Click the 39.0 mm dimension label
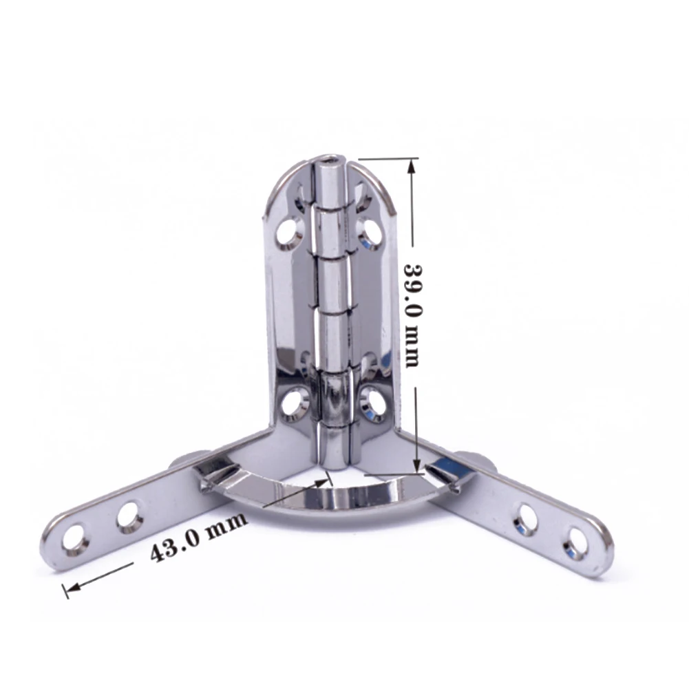tap(412, 315)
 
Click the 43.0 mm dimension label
tap(198, 537)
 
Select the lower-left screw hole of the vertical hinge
tap(293, 401)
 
